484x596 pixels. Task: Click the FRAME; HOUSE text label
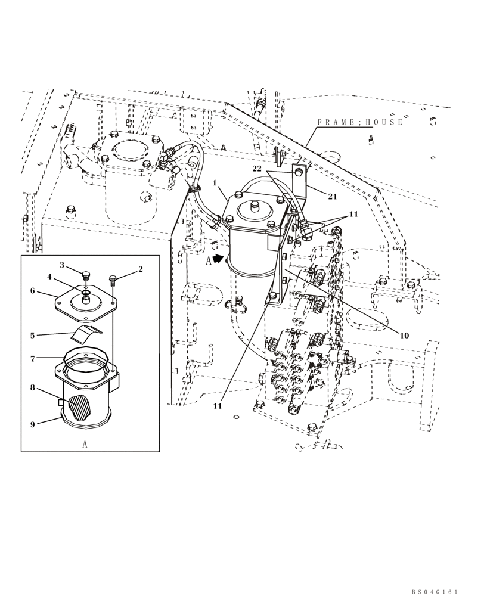(x=359, y=122)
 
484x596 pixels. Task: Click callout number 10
(x=404, y=335)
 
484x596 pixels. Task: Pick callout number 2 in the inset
(x=141, y=269)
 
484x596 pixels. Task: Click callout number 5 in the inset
(x=33, y=336)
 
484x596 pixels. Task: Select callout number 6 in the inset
(x=33, y=291)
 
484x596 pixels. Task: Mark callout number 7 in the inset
(x=33, y=358)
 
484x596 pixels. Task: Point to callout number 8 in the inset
(x=33, y=388)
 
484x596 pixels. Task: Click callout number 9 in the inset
(x=33, y=424)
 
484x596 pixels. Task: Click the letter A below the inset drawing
(x=85, y=444)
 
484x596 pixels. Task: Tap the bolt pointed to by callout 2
(x=113, y=279)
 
